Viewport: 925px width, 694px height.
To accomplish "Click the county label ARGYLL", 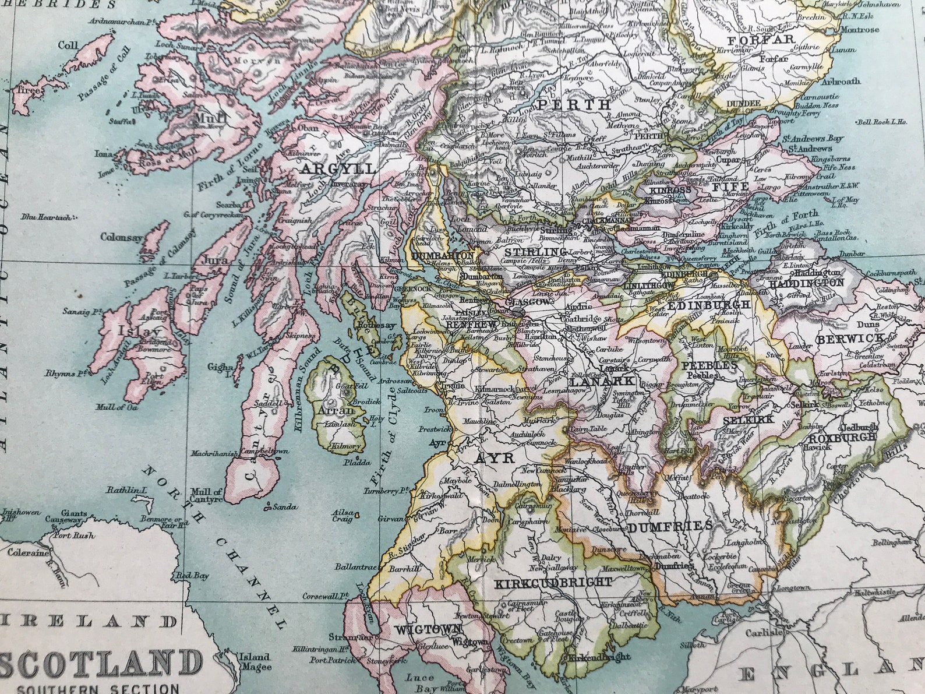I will [x=337, y=169].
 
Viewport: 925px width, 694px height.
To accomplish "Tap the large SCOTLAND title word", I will [x=99, y=664].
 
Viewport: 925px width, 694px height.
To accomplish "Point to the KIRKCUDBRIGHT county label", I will [x=553, y=582].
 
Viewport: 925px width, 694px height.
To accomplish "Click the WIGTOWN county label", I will [x=428, y=629].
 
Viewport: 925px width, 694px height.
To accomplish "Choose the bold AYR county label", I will [x=495, y=458].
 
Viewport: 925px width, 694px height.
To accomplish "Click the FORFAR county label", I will [x=760, y=40].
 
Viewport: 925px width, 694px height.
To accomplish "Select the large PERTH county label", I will [x=573, y=105].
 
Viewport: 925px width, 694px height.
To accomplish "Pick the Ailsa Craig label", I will [x=343, y=515].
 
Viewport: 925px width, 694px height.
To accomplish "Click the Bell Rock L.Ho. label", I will [x=882, y=122].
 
